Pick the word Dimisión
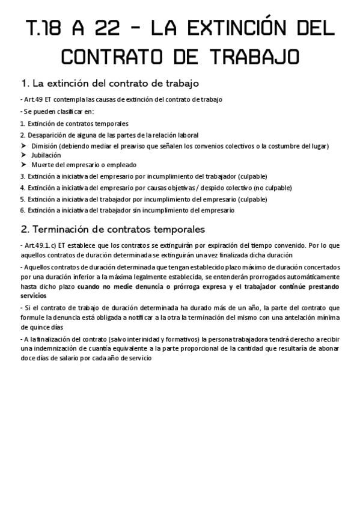(x=46, y=146)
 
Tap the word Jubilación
(x=46, y=155)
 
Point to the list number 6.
(x=22, y=210)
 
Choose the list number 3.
(x=22, y=176)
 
